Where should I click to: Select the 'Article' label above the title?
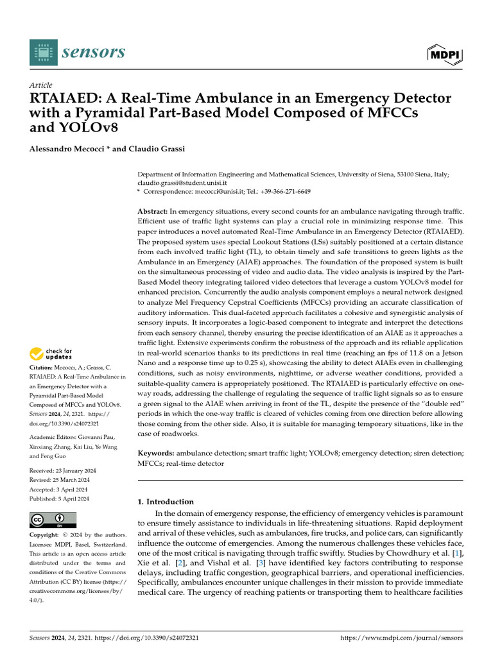41,85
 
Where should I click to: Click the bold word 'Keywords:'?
157,453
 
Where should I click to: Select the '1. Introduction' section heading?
166,502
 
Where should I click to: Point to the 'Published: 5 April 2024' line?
60,499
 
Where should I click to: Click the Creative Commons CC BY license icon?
53,520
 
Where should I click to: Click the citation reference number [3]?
261,563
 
